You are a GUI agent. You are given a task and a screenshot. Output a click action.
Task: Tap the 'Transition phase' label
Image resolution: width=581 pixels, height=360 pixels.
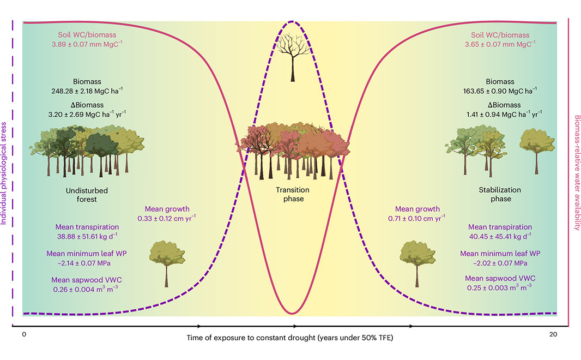pos(293,194)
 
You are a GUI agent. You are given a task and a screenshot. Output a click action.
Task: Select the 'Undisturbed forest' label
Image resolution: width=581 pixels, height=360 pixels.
pos(87,195)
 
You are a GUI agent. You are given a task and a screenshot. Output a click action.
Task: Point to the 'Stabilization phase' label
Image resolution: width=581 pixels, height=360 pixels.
pos(500,194)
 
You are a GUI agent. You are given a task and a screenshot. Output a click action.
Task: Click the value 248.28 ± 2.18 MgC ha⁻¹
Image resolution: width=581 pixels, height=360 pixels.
pos(87,91)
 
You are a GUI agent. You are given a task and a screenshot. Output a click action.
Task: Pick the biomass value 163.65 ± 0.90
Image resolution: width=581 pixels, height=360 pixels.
pos(500,91)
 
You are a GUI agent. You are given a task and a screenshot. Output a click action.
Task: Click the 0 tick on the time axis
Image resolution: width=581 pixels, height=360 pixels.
pos(24,334)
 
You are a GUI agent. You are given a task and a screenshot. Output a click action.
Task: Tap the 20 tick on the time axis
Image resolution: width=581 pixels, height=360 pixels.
pos(553,334)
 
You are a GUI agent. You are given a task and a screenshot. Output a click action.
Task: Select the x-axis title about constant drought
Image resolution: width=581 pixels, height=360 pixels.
pos(290,338)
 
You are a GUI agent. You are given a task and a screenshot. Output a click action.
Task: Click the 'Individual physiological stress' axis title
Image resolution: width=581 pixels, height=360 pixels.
pos(4,173)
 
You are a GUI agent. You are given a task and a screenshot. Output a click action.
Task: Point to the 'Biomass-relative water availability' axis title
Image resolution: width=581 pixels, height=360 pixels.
pos(577,173)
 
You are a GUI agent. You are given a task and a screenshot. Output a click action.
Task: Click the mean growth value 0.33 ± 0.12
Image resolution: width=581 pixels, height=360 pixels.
pos(166,218)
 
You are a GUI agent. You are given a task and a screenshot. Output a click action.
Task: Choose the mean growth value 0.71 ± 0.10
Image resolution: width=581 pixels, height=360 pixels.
pos(416,218)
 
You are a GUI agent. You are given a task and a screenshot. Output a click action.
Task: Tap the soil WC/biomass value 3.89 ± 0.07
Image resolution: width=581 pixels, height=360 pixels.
pos(87,44)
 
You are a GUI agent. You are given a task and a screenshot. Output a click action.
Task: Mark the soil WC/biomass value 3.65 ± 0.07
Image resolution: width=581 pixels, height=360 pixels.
pos(500,44)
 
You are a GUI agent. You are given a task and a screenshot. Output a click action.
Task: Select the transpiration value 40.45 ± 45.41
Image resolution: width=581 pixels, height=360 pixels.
pos(500,236)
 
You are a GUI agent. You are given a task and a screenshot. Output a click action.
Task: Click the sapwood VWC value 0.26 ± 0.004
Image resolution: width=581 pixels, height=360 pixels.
pos(86,289)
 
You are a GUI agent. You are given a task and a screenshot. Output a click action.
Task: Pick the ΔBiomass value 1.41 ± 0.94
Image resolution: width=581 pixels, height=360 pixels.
pos(504,114)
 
